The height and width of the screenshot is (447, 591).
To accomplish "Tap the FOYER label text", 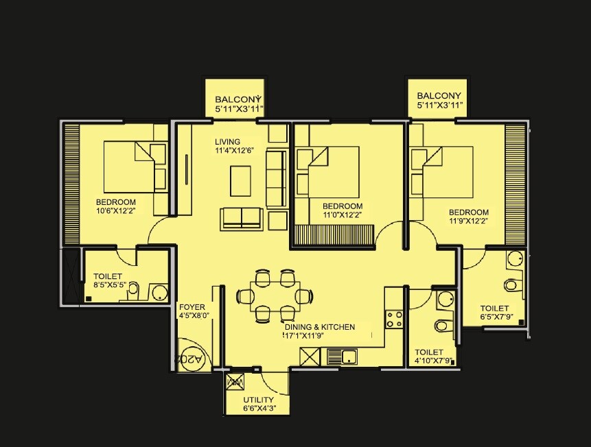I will point(192,307).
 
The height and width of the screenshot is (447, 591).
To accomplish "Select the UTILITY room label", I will point(258,400).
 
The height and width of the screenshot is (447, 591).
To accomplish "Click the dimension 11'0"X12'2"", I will point(342,215).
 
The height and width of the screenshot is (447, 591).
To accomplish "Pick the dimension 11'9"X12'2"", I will point(468,221).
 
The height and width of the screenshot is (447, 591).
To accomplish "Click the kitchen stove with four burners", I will point(394,319).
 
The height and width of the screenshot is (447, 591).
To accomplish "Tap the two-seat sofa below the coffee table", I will point(242,219).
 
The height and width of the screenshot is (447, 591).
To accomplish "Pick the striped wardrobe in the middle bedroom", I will point(333,236).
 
